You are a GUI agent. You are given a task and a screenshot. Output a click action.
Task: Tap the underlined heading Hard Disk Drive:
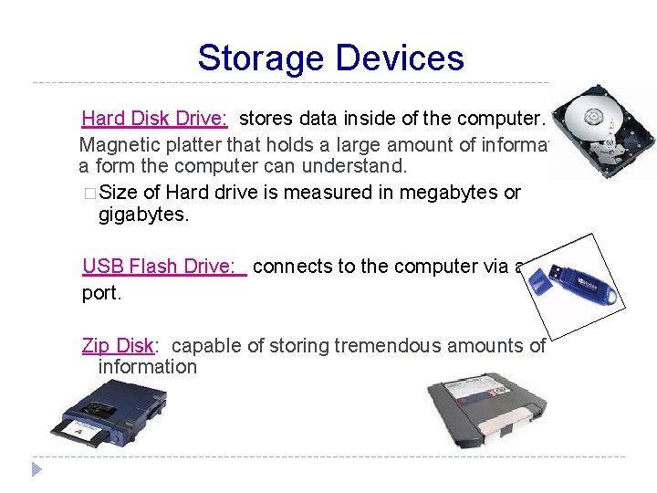tap(154, 118)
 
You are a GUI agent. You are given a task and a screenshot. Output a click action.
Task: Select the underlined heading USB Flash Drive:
tap(164, 266)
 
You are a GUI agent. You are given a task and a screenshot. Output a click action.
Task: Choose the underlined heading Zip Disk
tap(118, 345)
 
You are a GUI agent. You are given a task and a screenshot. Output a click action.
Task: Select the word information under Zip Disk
tap(147, 367)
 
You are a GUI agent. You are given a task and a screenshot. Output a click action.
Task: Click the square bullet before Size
tap(89, 194)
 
